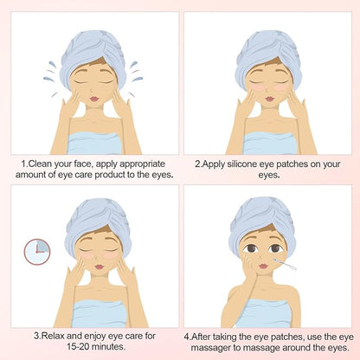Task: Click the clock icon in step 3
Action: [37, 252]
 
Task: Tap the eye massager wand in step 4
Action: [285, 265]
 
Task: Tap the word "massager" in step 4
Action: [211, 347]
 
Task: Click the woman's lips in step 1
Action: [94, 99]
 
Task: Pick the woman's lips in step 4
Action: [263, 266]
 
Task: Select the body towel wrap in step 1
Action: [93, 144]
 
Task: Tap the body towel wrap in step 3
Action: [99, 314]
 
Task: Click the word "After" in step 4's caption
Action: [201, 337]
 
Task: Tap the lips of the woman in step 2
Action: [269, 99]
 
